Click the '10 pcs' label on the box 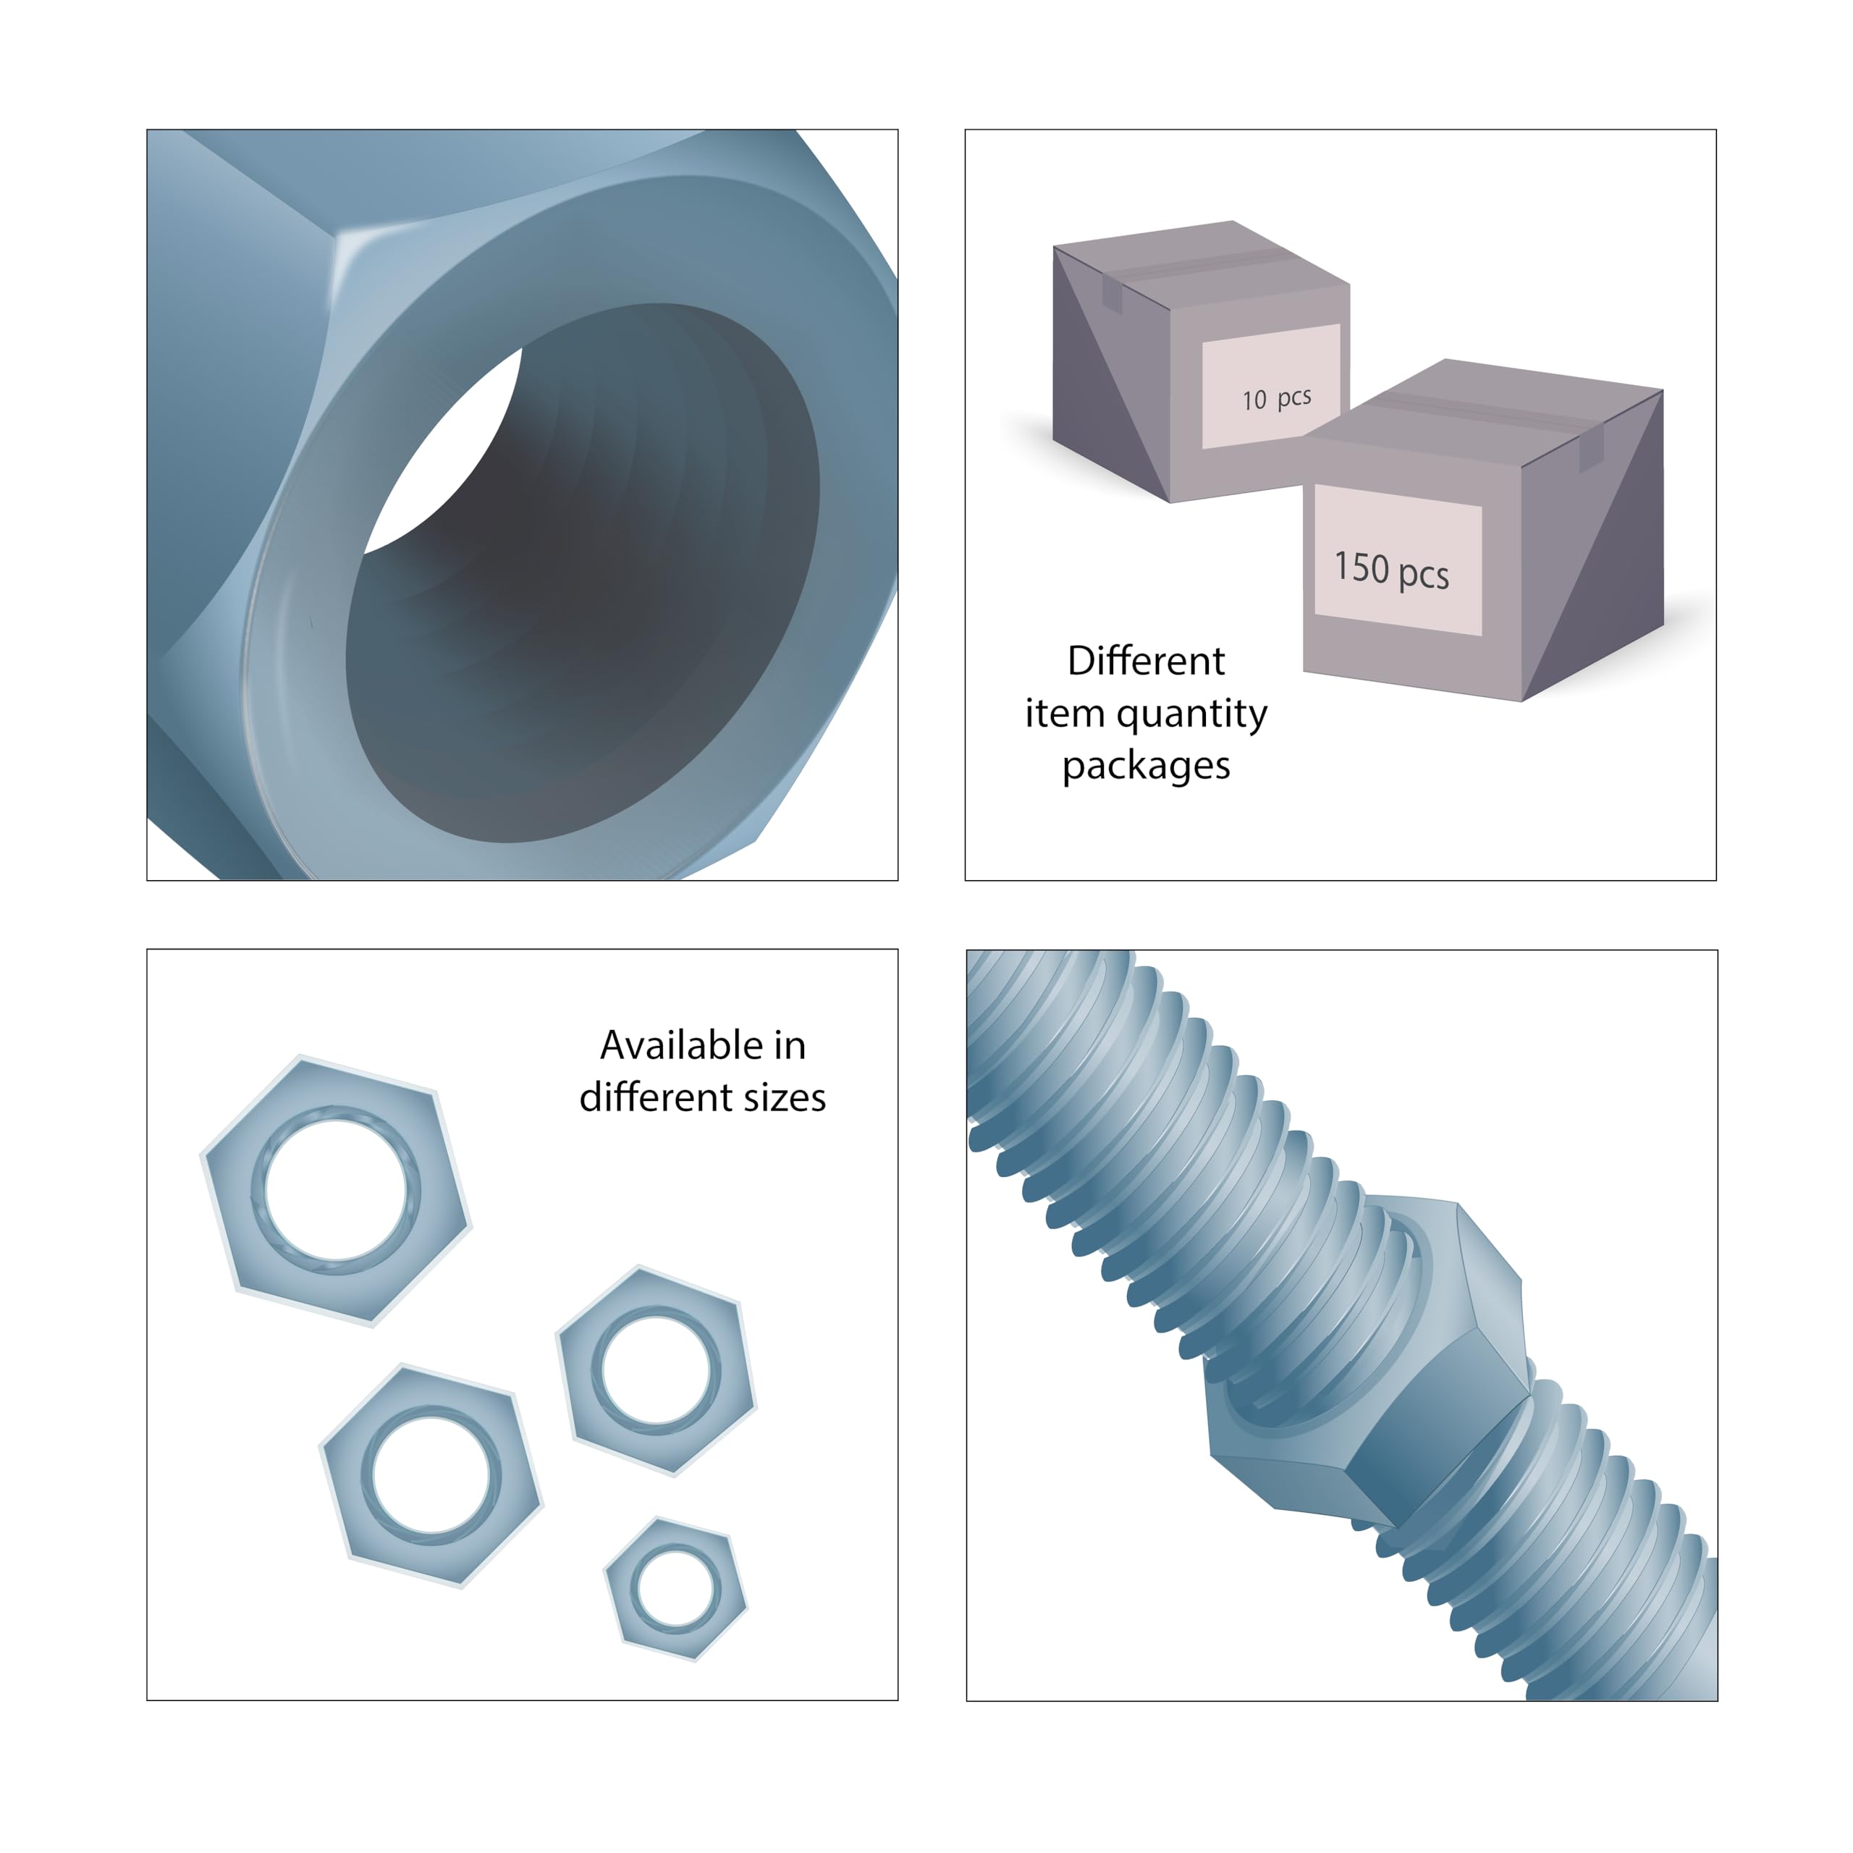[1275, 398]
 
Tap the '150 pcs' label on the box [1392, 570]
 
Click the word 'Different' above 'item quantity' [1146, 661]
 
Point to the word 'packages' [1146, 767]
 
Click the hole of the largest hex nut [336, 1190]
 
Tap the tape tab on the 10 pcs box [1113, 295]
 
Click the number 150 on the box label [1362, 567]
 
